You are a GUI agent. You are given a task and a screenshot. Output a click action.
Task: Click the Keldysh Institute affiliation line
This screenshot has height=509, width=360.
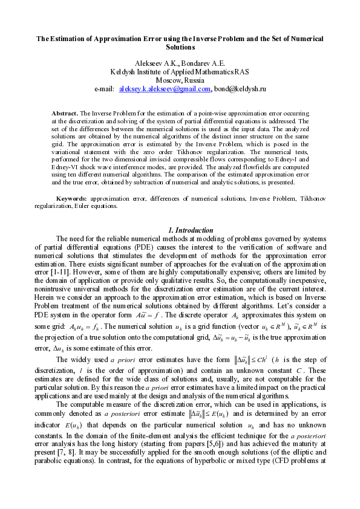tap(179, 71)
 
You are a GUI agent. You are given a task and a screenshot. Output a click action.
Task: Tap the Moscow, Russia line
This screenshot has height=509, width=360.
tap(180, 80)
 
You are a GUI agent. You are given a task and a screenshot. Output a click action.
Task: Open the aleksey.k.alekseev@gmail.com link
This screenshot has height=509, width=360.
tap(165, 88)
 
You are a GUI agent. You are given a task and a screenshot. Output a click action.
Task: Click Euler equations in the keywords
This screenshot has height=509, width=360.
tap(99, 206)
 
